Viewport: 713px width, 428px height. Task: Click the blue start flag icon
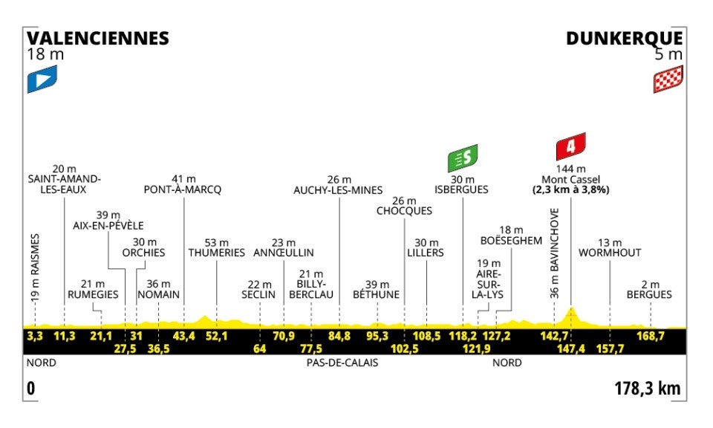click(x=42, y=79)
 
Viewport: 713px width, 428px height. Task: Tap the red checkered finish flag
click(x=668, y=79)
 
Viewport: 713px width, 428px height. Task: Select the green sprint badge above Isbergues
click(x=462, y=158)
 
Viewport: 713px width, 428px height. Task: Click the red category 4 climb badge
click(x=570, y=146)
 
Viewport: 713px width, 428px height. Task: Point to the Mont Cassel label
click(x=570, y=179)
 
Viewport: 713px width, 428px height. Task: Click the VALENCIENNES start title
click(x=97, y=38)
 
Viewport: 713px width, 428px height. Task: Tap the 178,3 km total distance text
click(x=647, y=388)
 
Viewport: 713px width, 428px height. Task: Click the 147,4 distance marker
click(x=570, y=348)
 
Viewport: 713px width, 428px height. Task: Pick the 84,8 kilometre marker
click(x=339, y=336)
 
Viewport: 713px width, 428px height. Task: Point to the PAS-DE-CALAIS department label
click(x=342, y=363)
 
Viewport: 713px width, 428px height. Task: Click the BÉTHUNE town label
click(x=377, y=294)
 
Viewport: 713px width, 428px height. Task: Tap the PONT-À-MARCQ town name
click(x=183, y=189)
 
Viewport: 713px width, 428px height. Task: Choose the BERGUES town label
click(x=649, y=294)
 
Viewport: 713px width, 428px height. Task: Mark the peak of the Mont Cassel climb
click(x=570, y=308)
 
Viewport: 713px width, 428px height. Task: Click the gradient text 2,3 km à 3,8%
click(x=570, y=189)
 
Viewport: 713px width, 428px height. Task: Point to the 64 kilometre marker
click(x=259, y=348)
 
